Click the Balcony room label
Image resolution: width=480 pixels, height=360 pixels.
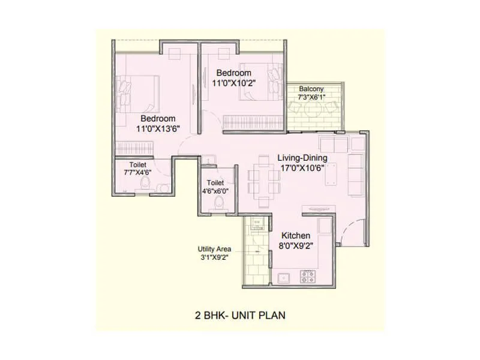pyautogui.click(x=311, y=89)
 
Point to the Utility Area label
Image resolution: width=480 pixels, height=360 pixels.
pyautogui.click(x=214, y=248)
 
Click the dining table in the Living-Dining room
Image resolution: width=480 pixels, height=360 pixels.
pyautogui.click(x=262, y=178)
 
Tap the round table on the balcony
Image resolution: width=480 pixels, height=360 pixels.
pyautogui.click(x=312, y=109)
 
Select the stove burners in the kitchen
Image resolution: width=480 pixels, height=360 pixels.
pyautogui.click(x=308, y=277)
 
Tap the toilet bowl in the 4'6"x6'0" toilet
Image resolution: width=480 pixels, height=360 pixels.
pyautogui.click(x=219, y=204)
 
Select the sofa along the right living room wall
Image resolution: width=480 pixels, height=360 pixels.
pyautogui.click(x=355, y=171)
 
